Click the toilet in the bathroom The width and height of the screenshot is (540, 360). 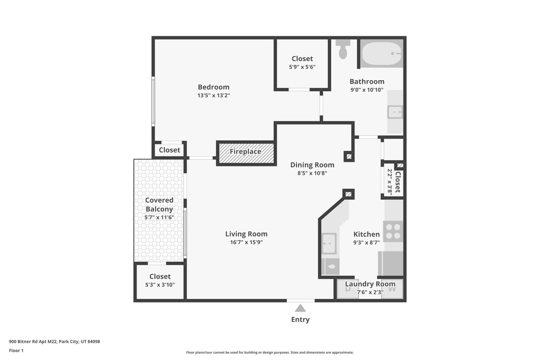click(343, 49)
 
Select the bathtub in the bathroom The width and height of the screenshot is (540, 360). click(381, 54)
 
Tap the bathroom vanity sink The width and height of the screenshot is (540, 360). click(395, 112)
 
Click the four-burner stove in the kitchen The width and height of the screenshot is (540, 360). click(393, 231)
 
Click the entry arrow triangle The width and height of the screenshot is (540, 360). click(300, 308)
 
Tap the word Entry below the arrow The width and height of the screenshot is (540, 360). click(300, 319)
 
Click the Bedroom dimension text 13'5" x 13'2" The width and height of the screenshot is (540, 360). click(214, 95)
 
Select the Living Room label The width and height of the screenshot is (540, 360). click(246, 234)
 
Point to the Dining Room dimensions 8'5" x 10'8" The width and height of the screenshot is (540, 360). click(312, 173)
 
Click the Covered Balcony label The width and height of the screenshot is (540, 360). click(159, 205)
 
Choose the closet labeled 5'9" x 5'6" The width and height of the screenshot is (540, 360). click(302, 62)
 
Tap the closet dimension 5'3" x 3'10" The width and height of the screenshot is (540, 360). click(160, 285)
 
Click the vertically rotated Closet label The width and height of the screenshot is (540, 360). click(398, 182)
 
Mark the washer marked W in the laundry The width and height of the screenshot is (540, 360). click(392, 288)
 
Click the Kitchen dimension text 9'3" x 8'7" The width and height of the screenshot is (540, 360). click(366, 242)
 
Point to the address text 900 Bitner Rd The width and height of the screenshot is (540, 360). click(54, 342)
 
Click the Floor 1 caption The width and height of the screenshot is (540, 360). click(16, 351)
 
